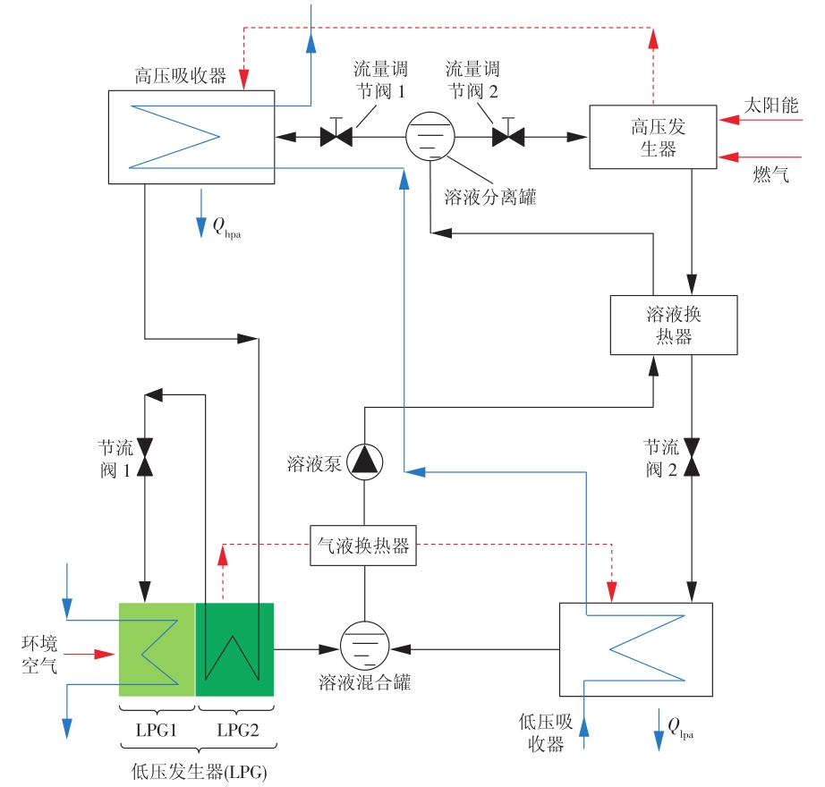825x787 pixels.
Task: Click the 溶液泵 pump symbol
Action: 364,462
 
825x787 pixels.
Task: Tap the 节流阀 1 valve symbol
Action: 145,457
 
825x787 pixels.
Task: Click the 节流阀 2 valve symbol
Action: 692,457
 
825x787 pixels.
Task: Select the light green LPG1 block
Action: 157,649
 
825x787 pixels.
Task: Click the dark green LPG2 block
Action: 234,649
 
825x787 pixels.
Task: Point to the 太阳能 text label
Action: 770,106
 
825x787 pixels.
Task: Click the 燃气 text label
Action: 770,174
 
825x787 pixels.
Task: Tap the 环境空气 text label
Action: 39,655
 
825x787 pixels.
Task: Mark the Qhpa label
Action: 226,228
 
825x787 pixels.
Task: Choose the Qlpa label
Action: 680,728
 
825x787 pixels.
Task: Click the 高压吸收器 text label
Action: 180,76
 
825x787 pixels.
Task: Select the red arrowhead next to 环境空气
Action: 105,654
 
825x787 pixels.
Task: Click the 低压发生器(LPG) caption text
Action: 199,772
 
